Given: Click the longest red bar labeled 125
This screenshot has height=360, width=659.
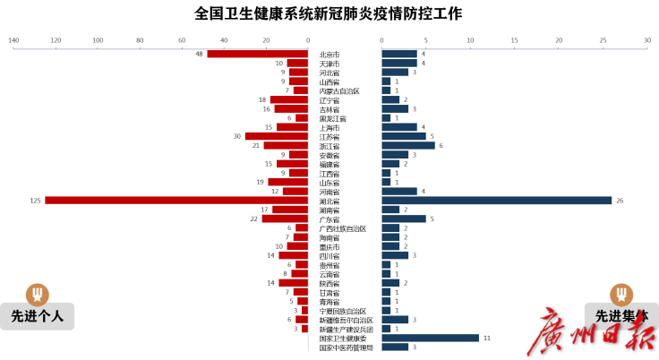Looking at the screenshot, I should tap(175, 201).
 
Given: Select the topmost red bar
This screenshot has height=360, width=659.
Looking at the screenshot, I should tap(257, 54).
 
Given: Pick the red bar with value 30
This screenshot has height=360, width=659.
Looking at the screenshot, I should tap(276, 136).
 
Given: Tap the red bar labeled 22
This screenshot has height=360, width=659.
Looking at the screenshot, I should tap(284, 219).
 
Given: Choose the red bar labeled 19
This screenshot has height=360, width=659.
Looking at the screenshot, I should tap(287, 182).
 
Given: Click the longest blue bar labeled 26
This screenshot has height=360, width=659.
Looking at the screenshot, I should tap(497, 201).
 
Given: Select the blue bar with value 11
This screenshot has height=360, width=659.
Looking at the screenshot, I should tap(431, 338).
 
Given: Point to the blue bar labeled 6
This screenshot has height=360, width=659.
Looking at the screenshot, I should tap(408, 145).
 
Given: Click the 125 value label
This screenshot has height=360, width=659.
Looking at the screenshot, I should tap(35, 201).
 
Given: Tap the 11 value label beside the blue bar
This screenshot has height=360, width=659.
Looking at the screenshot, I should tap(486, 338).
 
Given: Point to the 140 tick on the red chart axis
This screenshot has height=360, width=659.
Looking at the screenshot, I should tap(13, 40).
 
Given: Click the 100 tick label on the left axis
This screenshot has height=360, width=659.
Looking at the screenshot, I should tap(98, 40).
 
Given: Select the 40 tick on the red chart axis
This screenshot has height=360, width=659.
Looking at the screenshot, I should tap(224, 40).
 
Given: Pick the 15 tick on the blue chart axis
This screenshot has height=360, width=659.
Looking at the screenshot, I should tap(514, 40).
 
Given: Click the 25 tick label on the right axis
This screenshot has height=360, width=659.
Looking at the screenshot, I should tap(603, 40).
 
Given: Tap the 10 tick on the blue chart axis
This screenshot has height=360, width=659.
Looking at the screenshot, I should tap(470, 40).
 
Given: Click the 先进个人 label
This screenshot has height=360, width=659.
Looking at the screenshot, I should tap(37, 316).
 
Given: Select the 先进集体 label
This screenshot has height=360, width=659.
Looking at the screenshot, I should tap(620, 316).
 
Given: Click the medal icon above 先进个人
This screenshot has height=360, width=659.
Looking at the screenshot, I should tap(37, 294).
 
